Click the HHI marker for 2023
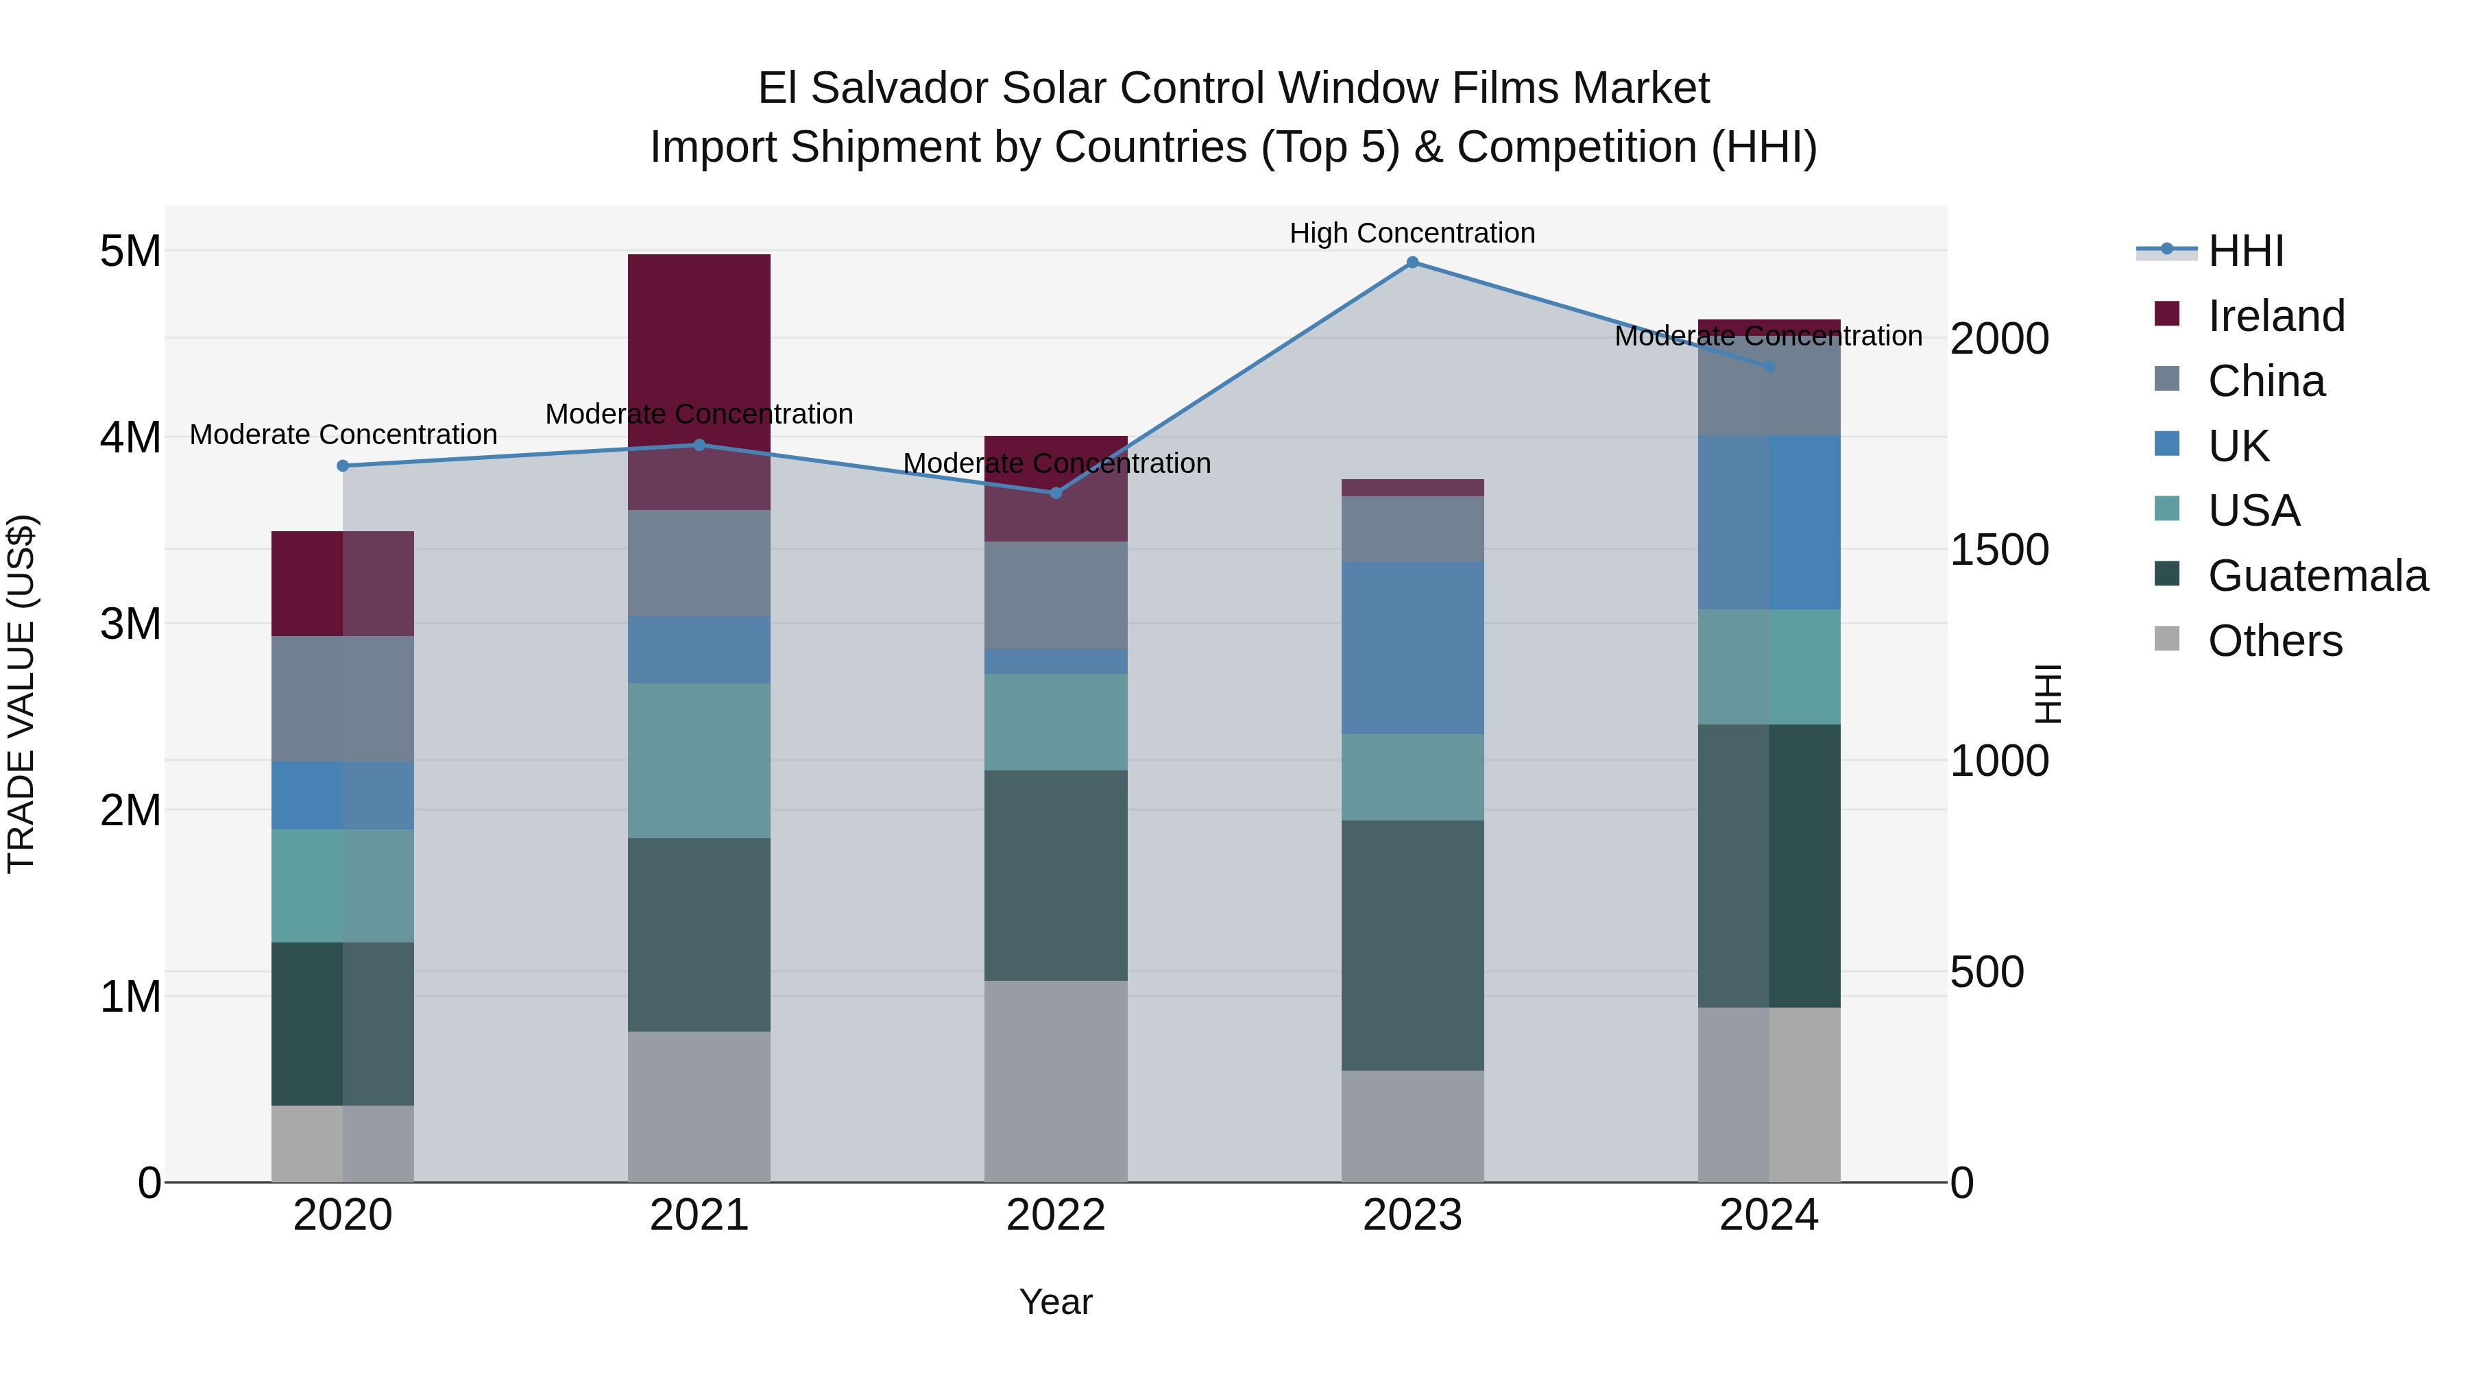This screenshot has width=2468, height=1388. click(1412, 263)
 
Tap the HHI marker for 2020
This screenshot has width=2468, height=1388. click(343, 465)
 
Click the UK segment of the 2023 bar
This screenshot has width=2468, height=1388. click(1412, 648)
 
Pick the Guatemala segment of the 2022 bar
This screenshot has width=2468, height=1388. click(1056, 875)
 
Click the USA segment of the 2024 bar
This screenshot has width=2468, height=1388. click(1769, 667)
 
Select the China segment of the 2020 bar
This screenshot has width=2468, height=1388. click(343, 698)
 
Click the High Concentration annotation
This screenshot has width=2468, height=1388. click(1412, 234)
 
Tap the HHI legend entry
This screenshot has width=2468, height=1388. click(2245, 251)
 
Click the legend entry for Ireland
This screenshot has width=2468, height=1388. click(2275, 316)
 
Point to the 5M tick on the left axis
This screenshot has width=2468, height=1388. click(130, 251)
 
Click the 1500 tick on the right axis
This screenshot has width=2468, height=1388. click(2000, 550)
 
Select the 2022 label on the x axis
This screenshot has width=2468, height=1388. click(1056, 1215)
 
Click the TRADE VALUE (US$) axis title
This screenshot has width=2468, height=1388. click(21, 694)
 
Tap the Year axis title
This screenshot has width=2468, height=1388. click(1056, 1302)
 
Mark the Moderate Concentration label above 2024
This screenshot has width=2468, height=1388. click(1769, 337)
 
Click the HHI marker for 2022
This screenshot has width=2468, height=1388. click(1056, 494)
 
